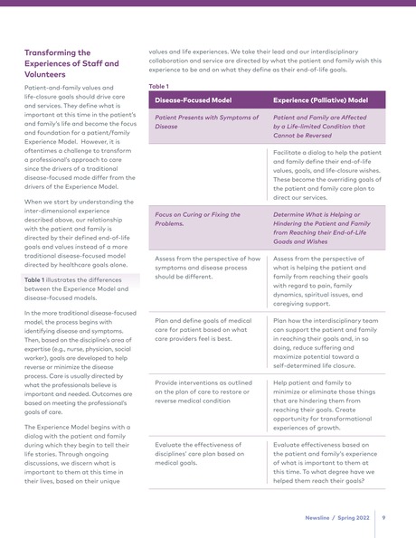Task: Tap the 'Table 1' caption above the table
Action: click(x=159, y=86)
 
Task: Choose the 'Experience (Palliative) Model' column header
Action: click(x=320, y=99)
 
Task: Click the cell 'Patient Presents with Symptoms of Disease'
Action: click(x=206, y=122)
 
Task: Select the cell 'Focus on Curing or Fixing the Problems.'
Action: click(x=199, y=219)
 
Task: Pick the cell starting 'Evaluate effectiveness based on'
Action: click(x=325, y=463)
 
